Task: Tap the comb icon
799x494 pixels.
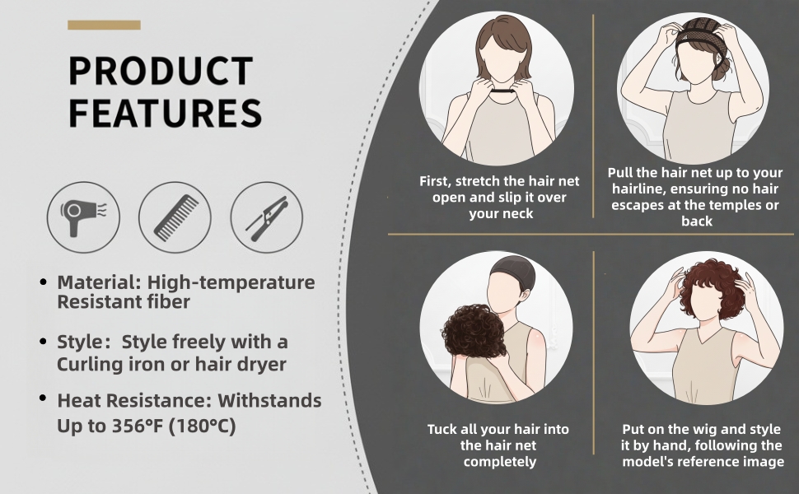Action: click(175, 217)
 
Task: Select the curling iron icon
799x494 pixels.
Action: click(267, 217)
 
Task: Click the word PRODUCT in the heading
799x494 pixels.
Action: click(161, 71)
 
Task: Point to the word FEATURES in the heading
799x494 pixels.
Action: click(166, 113)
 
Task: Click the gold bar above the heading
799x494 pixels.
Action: click(104, 25)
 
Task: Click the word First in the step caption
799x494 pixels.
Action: click(434, 181)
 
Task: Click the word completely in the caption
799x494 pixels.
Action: click(500, 462)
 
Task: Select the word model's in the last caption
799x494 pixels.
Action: click(647, 462)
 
